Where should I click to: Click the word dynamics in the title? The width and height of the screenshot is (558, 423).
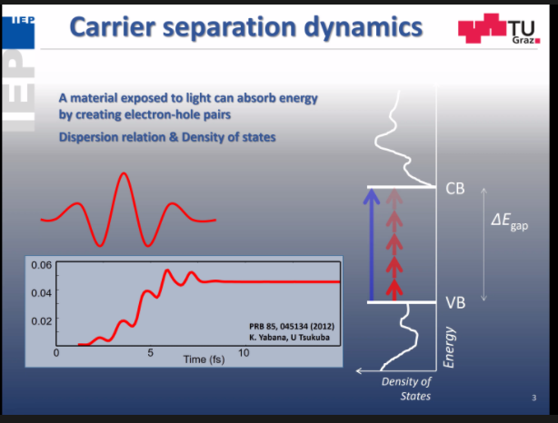click(363, 29)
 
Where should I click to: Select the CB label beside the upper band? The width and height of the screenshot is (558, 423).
click(455, 189)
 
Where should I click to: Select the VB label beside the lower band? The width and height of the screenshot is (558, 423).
click(455, 302)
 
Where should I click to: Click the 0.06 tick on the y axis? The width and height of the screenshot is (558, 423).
click(41, 265)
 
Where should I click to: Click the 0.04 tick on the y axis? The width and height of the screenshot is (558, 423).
click(41, 292)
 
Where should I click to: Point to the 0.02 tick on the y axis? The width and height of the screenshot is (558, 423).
click(41, 320)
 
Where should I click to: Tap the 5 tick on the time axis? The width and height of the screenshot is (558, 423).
click(150, 351)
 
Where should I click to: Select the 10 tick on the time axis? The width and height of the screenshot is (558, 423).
click(243, 351)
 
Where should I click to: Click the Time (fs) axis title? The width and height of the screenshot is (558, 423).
click(204, 359)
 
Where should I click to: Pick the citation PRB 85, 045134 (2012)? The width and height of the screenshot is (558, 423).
click(290, 327)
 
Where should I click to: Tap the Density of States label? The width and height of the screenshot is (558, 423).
click(405, 389)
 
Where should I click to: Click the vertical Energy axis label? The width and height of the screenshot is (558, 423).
click(449, 349)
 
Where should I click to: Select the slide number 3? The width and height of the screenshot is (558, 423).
click(533, 398)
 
